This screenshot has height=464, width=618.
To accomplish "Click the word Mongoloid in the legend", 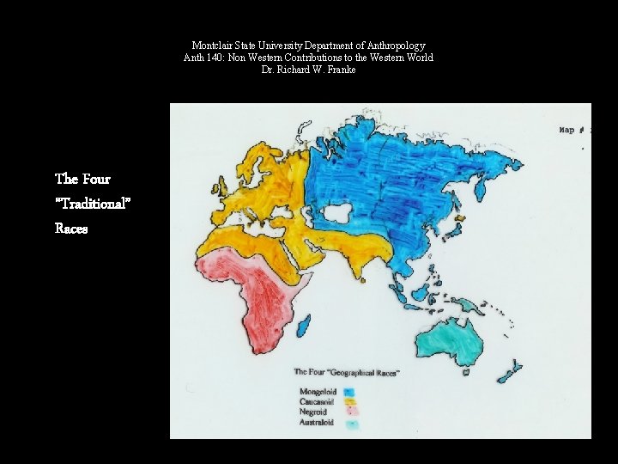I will point(318,392).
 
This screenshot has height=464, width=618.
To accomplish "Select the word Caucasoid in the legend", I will point(317,401).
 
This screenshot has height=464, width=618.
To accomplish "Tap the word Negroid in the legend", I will point(314,412).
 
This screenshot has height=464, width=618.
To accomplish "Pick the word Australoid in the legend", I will point(318,422).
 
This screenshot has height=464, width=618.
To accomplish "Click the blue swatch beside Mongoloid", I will point(348,393).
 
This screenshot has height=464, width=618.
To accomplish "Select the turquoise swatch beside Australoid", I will point(350,424).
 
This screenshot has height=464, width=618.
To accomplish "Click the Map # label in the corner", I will point(573,130).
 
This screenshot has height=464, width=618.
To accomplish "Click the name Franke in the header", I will point(340,70).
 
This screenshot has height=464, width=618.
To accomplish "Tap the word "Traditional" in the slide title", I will point(93,204).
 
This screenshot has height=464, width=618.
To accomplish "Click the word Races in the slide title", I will point(71,229).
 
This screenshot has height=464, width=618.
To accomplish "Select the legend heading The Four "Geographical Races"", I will point(347,372).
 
